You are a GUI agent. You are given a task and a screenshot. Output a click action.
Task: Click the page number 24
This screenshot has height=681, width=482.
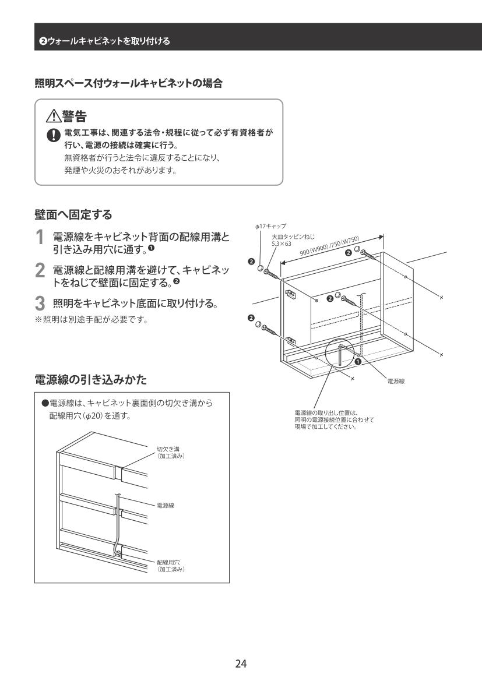241,663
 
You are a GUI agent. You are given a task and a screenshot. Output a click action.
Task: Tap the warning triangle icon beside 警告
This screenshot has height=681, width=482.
54,116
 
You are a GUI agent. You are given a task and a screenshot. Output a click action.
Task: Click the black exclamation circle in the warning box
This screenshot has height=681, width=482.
54,136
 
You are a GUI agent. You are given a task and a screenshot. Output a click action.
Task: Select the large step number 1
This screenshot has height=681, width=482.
40,238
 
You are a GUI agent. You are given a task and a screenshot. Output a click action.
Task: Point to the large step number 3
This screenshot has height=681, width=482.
40,304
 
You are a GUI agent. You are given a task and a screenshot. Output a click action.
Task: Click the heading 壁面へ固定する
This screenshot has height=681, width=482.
73,214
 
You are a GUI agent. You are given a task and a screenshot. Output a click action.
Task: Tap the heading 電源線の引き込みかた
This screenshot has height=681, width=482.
91,380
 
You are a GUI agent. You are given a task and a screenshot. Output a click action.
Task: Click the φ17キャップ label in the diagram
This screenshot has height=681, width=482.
270,226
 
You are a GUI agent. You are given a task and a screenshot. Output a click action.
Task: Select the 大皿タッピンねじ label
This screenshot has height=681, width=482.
293,237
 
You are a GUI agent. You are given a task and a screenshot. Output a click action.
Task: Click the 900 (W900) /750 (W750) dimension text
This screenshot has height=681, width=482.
329,247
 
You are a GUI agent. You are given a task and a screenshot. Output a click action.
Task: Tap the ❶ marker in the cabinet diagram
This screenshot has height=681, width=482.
358,361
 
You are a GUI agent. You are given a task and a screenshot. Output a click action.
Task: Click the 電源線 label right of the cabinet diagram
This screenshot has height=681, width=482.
396,382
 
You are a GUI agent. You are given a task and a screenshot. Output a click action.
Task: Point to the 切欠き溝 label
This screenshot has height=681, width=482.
168,449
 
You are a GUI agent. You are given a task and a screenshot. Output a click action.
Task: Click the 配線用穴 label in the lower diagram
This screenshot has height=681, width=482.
168,562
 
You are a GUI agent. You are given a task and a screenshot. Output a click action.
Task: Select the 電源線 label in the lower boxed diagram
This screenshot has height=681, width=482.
165,506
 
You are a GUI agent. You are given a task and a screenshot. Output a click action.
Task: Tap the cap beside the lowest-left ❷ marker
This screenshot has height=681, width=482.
258,324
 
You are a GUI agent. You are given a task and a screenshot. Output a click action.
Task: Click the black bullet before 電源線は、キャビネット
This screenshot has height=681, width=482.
44,403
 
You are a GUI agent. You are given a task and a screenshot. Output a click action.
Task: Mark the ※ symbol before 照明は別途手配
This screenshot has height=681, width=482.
38,320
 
